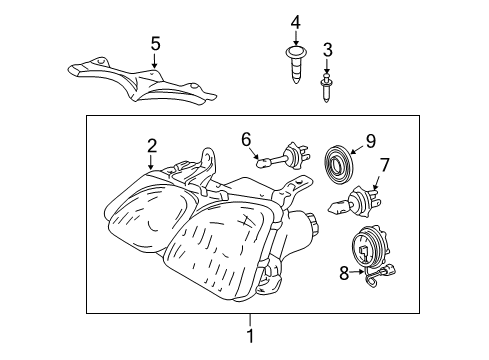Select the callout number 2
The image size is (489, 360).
(151, 145)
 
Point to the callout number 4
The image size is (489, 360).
(295, 22)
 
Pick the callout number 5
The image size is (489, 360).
(155, 43)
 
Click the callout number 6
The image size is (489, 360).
(245, 141)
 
